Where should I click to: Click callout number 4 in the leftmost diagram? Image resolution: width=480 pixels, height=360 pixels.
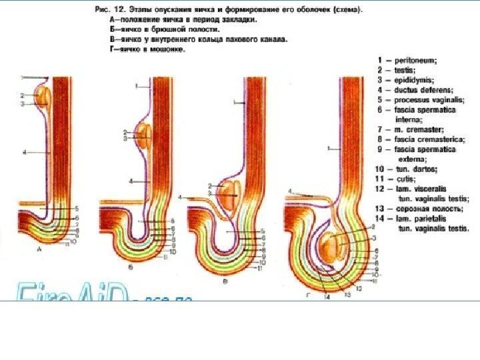point(24,153)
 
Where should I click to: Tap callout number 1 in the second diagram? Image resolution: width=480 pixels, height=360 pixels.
point(136,86)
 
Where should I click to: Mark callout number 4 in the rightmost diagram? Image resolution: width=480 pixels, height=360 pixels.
point(290,192)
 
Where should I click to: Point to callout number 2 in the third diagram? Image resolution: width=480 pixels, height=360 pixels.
point(210,185)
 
